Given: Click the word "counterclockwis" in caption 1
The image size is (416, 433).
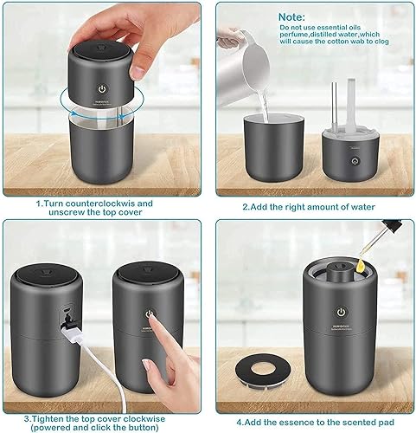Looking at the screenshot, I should click(x=102, y=204).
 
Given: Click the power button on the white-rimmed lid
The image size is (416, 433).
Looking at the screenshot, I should click(x=353, y=161).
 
